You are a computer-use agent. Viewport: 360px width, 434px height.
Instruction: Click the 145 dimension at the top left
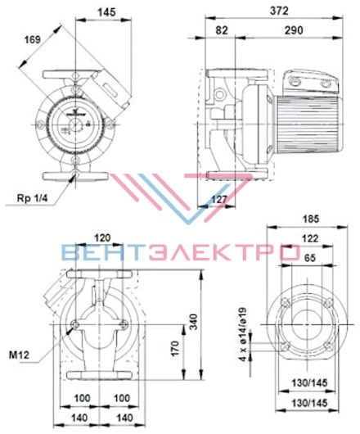(106, 12)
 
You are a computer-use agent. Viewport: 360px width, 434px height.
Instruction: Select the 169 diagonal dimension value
(33, 40)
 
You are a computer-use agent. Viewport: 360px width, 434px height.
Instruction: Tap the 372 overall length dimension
(279, 11)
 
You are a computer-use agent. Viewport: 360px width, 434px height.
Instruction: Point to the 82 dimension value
(222, 30)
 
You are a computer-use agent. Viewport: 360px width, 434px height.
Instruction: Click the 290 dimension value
(294, 30)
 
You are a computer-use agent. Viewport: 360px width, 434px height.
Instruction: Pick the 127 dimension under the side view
(219, 199)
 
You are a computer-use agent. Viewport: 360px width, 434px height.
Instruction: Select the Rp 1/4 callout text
(33, 198)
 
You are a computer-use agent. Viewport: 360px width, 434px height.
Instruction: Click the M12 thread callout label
(19, 355)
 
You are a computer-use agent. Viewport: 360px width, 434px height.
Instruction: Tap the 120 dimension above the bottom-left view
(102, 237)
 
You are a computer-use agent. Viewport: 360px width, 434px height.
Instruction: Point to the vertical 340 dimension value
(195, 321)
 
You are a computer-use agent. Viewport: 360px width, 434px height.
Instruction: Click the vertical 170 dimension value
(175, 349)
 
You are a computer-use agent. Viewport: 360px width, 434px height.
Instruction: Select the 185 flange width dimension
(311, 219)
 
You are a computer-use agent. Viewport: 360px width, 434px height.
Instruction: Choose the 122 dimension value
(309, 238)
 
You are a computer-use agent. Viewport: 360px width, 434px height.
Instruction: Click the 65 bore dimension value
(309, 258)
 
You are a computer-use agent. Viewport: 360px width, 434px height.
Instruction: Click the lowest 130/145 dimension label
(309, 403)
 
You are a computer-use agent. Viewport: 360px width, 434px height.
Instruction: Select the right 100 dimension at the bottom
(122, 398)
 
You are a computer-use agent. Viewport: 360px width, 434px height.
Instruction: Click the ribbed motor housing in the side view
(308, 124)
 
